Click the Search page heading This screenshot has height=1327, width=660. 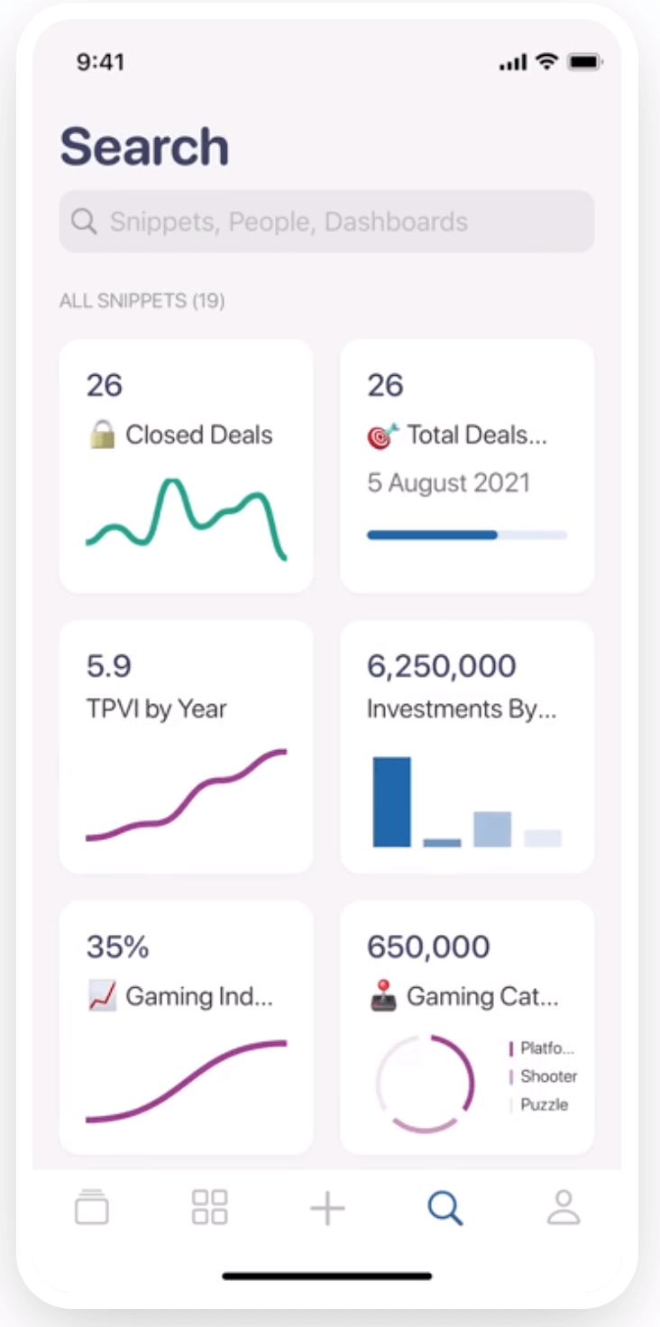coord(144,147)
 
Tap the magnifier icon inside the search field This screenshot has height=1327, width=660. coord(84,222)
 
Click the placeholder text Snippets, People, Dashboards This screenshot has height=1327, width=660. coord(289,222)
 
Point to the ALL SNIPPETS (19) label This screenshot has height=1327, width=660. coord(142,301)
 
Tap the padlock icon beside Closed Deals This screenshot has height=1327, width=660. coord(102,435)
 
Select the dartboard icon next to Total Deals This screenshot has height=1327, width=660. coord(382,435)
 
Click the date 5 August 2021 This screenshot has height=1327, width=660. coord(448,483)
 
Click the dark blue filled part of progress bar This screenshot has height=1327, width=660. coord(432,535)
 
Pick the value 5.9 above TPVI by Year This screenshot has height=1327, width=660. coord(109,666)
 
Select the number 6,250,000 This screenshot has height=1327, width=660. coord(441,666)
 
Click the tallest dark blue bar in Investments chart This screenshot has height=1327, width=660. coord(391,801)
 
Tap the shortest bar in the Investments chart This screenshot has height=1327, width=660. coord(442,842)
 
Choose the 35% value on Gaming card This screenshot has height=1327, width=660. coord(117,947)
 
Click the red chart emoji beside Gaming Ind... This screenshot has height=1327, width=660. coord(102,997)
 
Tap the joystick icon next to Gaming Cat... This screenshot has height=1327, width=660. coord(383,997)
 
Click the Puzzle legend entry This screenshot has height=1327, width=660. coord(544,1105)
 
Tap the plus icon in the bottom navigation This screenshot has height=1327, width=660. coord(327,1208)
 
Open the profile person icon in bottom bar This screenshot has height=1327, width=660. coord(564,1208)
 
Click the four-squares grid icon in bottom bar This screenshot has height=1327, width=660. coord(210,1208)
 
